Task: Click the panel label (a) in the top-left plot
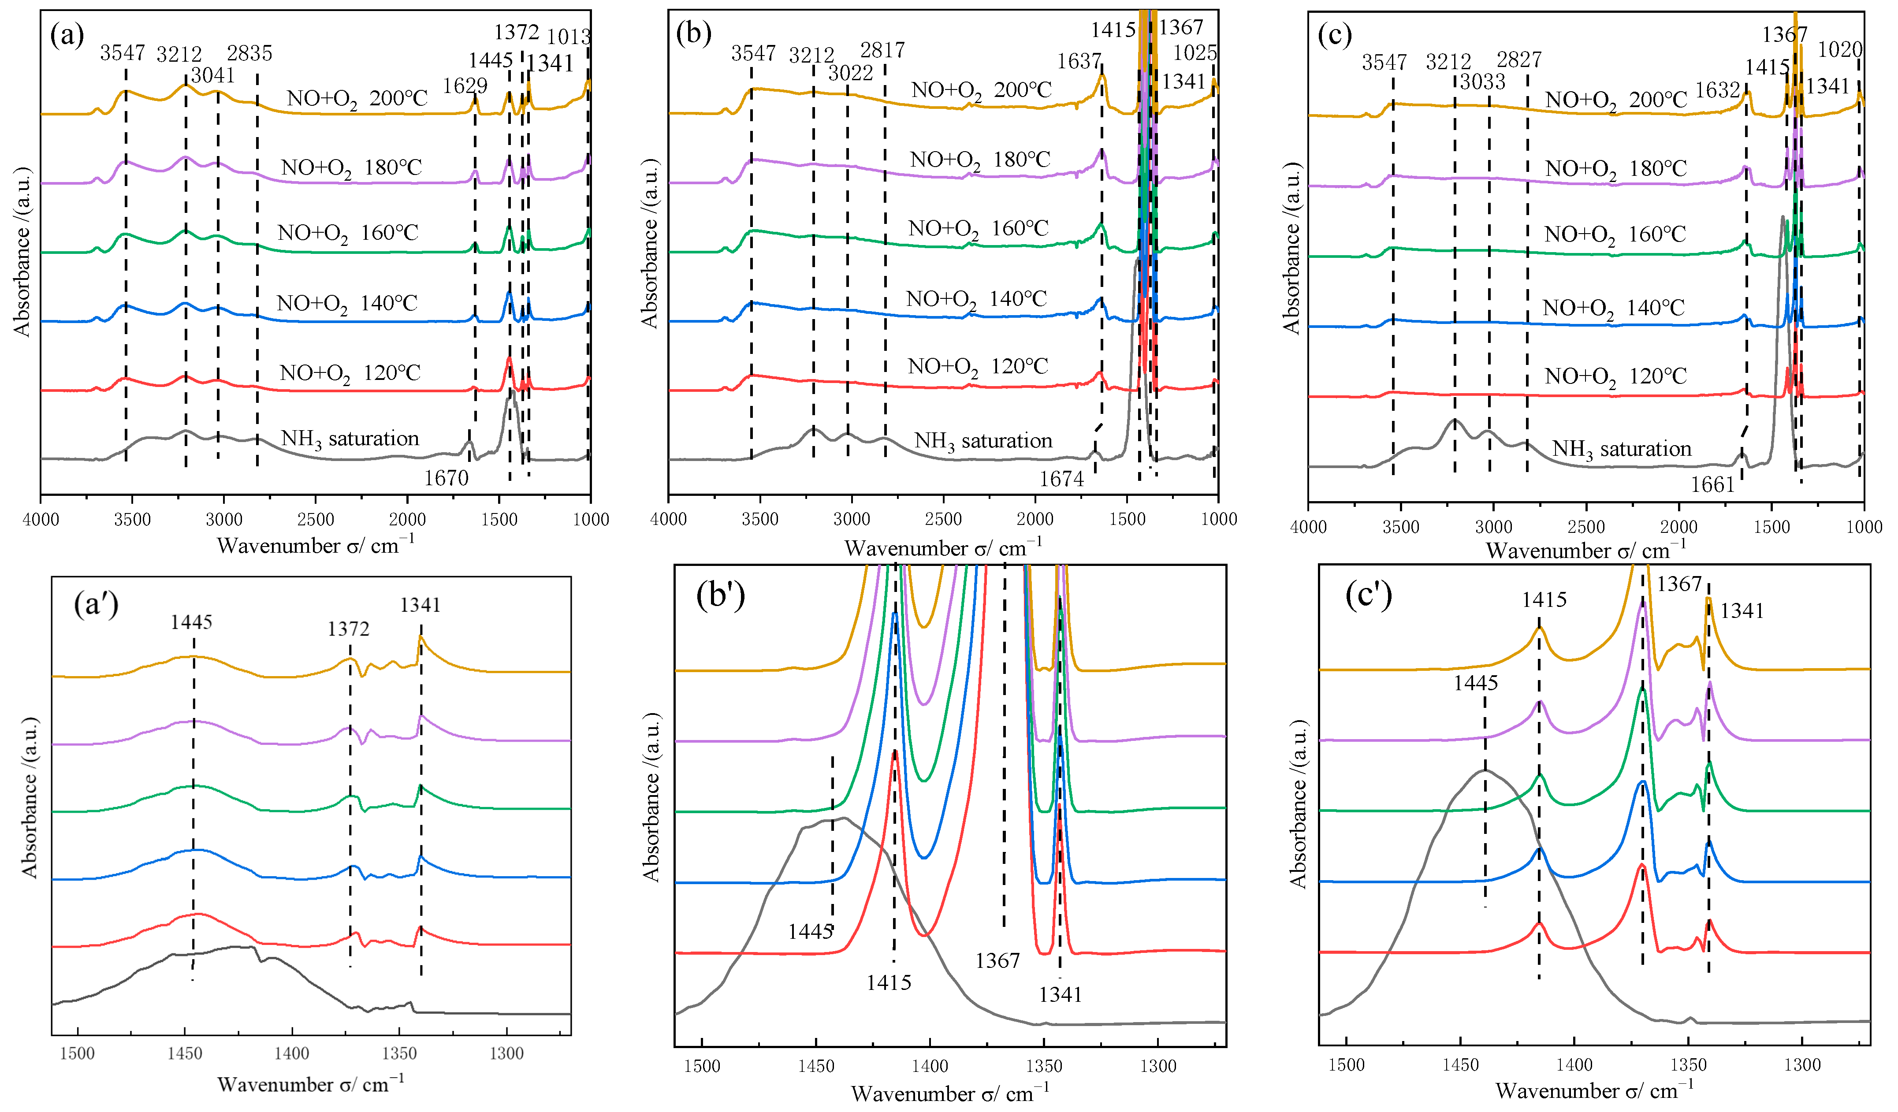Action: coord(66,35)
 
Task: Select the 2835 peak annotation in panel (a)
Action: coord(249,53)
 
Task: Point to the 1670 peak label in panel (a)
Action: coord(446,478)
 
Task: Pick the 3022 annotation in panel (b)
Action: coord(850,73)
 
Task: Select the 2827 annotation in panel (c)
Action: coord(1519,60)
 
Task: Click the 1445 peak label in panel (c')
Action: coord(1475,683)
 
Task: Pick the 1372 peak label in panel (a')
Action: coord(348,629)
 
